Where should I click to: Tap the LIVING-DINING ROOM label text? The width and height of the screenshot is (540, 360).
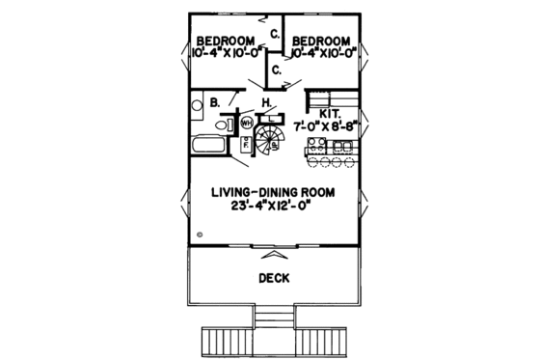273,192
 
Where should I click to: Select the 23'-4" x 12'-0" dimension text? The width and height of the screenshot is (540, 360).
273,206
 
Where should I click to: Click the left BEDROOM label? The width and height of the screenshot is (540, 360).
225,41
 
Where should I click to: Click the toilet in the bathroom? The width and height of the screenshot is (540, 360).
222,125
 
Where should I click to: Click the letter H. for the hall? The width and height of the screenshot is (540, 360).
264,100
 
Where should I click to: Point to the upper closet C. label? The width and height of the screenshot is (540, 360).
275,34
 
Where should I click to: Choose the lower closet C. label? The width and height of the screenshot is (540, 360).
275,69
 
